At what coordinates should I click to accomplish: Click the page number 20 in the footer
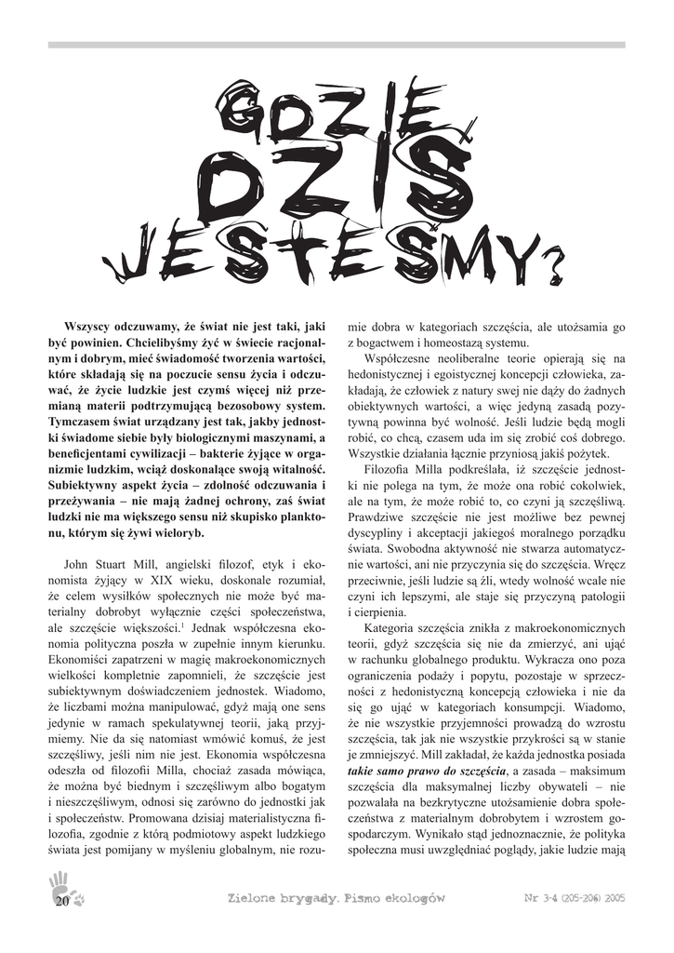[62, 901]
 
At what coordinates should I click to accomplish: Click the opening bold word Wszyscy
[90, 328]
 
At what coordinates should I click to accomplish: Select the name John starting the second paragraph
[78, 564]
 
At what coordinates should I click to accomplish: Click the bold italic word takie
[362, 771]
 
